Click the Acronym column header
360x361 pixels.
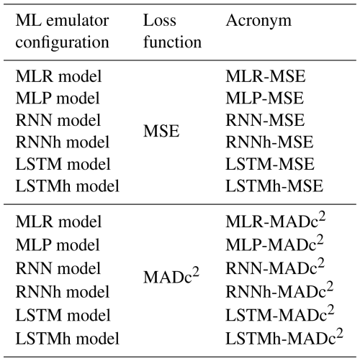[258, 22]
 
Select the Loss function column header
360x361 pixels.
[172, 31]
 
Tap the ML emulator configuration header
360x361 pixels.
[63, 31]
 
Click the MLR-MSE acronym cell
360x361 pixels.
[266, 76]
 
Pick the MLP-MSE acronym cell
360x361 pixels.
[265, 99]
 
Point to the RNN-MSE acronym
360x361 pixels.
[265, 120]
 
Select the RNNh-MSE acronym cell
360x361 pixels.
[269, 142]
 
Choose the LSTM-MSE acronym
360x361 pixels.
[270, 164]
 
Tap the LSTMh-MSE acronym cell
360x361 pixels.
[274, 186]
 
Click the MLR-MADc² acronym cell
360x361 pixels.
[276, 221]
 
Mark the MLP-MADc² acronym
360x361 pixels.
[275, 244]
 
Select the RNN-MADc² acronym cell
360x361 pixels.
[275, 267]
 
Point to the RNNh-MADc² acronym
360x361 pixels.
[279, 291]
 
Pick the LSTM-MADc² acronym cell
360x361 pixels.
[280, 314]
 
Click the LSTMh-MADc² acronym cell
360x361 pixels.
[284, 337]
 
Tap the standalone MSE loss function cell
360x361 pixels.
[161, 131]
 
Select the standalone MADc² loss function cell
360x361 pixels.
[171, 275]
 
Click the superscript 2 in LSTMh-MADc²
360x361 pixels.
[340, 333]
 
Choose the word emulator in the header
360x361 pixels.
[78, 21]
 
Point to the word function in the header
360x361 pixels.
[172, 42]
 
